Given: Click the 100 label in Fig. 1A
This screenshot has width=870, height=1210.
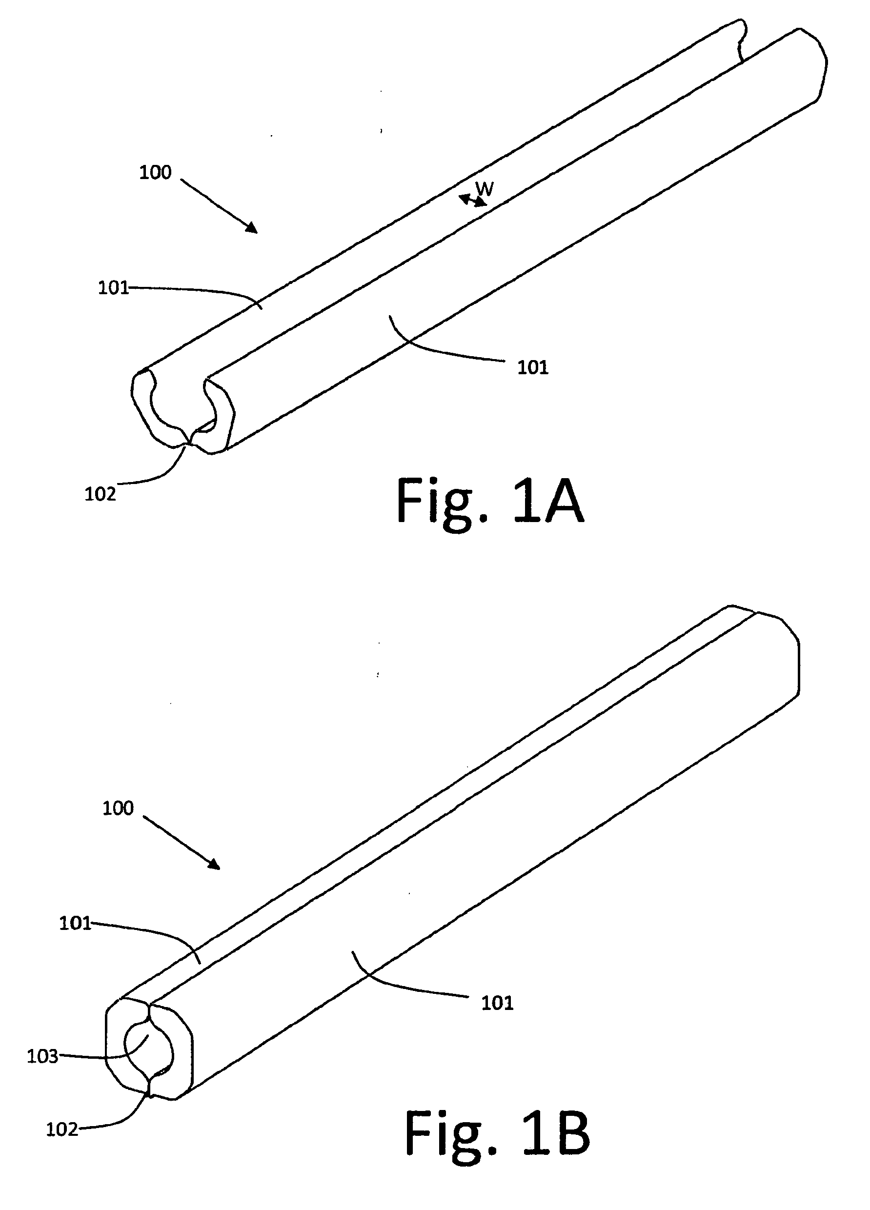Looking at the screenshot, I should [x=155, y=172].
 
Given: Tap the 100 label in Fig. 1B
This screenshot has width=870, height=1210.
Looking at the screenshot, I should [x=118, y=808].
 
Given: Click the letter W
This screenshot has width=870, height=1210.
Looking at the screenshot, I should [x=485, y=188].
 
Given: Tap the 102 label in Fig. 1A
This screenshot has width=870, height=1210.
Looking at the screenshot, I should [x=101, y=494].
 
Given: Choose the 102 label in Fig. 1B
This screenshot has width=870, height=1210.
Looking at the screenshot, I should [x=62, y=1129].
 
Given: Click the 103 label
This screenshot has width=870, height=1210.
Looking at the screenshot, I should [x=42, y=1056].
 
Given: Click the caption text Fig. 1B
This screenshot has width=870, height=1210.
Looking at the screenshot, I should [x=497, y=1133].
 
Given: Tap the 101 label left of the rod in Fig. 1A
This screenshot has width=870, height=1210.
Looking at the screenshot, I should [x=114, y=288].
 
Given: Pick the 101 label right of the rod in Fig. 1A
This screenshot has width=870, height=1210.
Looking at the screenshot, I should [x=533, y=367].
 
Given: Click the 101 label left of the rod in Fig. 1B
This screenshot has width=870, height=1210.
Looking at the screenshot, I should [x=75, y=924].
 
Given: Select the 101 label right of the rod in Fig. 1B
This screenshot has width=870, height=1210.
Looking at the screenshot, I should [x=497, y=1003].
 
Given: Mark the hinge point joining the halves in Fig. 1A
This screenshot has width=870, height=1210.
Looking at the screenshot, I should [x=189, y=442].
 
